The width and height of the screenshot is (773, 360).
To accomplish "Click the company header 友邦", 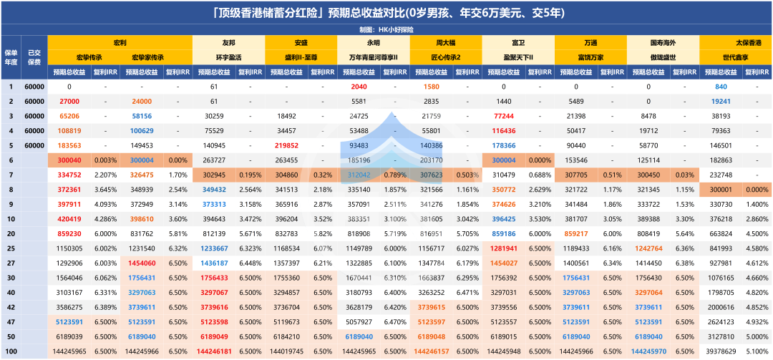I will [x=228, y=43].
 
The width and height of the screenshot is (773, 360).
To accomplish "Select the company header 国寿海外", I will [x=663, y=43].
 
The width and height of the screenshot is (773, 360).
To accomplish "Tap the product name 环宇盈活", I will [x=228, y=57].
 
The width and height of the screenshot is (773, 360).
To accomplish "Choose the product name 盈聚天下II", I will [x=517, y=57].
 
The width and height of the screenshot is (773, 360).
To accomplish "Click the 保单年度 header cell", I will [x=11, y=57].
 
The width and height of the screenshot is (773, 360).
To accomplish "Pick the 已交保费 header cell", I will [x=34, y=57].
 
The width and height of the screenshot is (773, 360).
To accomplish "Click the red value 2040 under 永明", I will [x=359, y=87].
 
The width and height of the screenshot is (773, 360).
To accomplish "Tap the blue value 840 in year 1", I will [x=721, y=87].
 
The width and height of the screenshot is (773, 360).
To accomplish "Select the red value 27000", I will [x=69, y=102].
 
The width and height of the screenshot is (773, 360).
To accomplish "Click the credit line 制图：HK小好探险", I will [x=386, y=30].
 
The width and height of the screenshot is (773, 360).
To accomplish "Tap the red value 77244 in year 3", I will [x=504, y=116].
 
